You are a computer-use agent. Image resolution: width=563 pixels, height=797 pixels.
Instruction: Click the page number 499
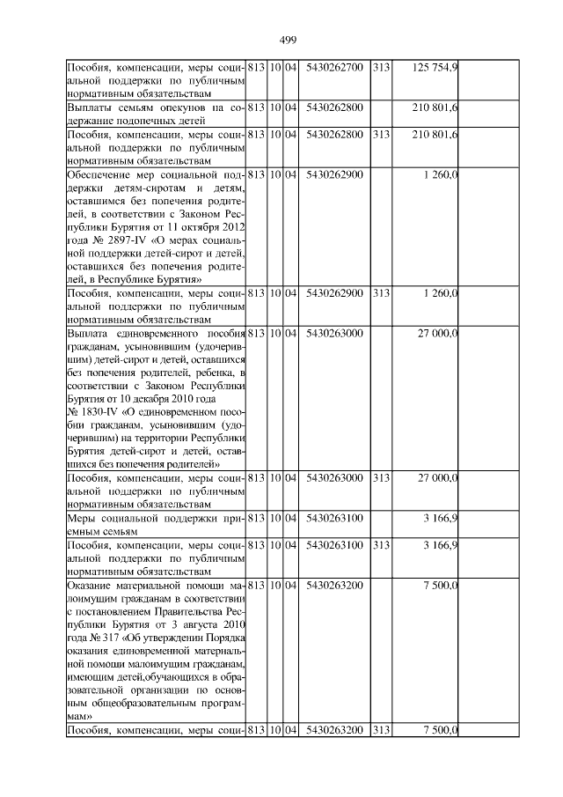288,40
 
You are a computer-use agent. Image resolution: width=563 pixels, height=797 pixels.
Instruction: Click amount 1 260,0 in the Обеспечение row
441,173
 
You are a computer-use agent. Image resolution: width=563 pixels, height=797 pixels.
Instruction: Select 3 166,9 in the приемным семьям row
441,520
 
